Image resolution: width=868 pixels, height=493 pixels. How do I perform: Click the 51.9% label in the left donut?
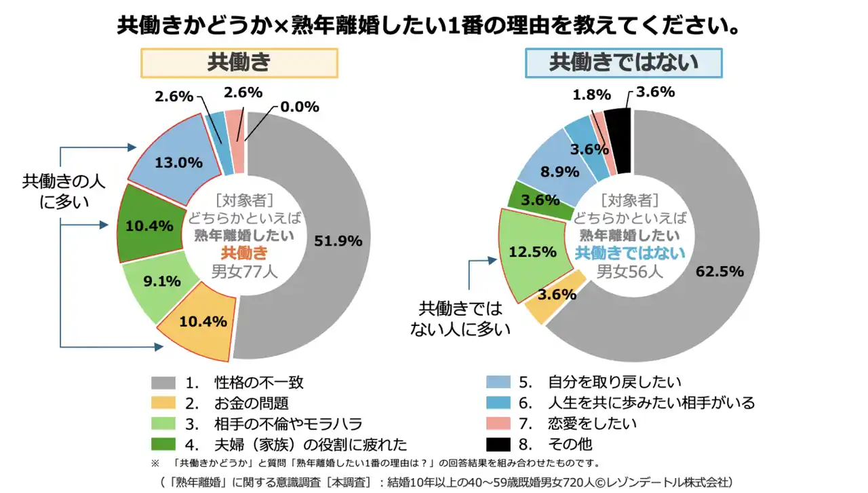(338, 240)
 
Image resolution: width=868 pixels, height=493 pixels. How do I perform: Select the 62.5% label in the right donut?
(719, 271)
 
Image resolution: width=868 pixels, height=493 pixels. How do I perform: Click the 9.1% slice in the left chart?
(162, 281)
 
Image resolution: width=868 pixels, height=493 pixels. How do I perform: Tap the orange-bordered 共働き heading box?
(239, 62)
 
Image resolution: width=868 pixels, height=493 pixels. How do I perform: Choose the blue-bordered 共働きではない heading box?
(623, 62)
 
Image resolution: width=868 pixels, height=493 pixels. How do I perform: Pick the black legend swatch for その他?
(499, 445)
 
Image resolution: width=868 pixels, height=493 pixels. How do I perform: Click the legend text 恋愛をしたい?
(592, 424)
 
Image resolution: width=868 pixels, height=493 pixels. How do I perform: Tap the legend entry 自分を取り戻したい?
(614, 382)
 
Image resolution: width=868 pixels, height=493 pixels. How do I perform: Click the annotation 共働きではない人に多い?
(460, 318)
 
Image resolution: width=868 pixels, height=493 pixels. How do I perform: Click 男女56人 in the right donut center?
(630, 272)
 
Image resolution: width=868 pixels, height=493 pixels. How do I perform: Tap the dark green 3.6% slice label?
(540, 200)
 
